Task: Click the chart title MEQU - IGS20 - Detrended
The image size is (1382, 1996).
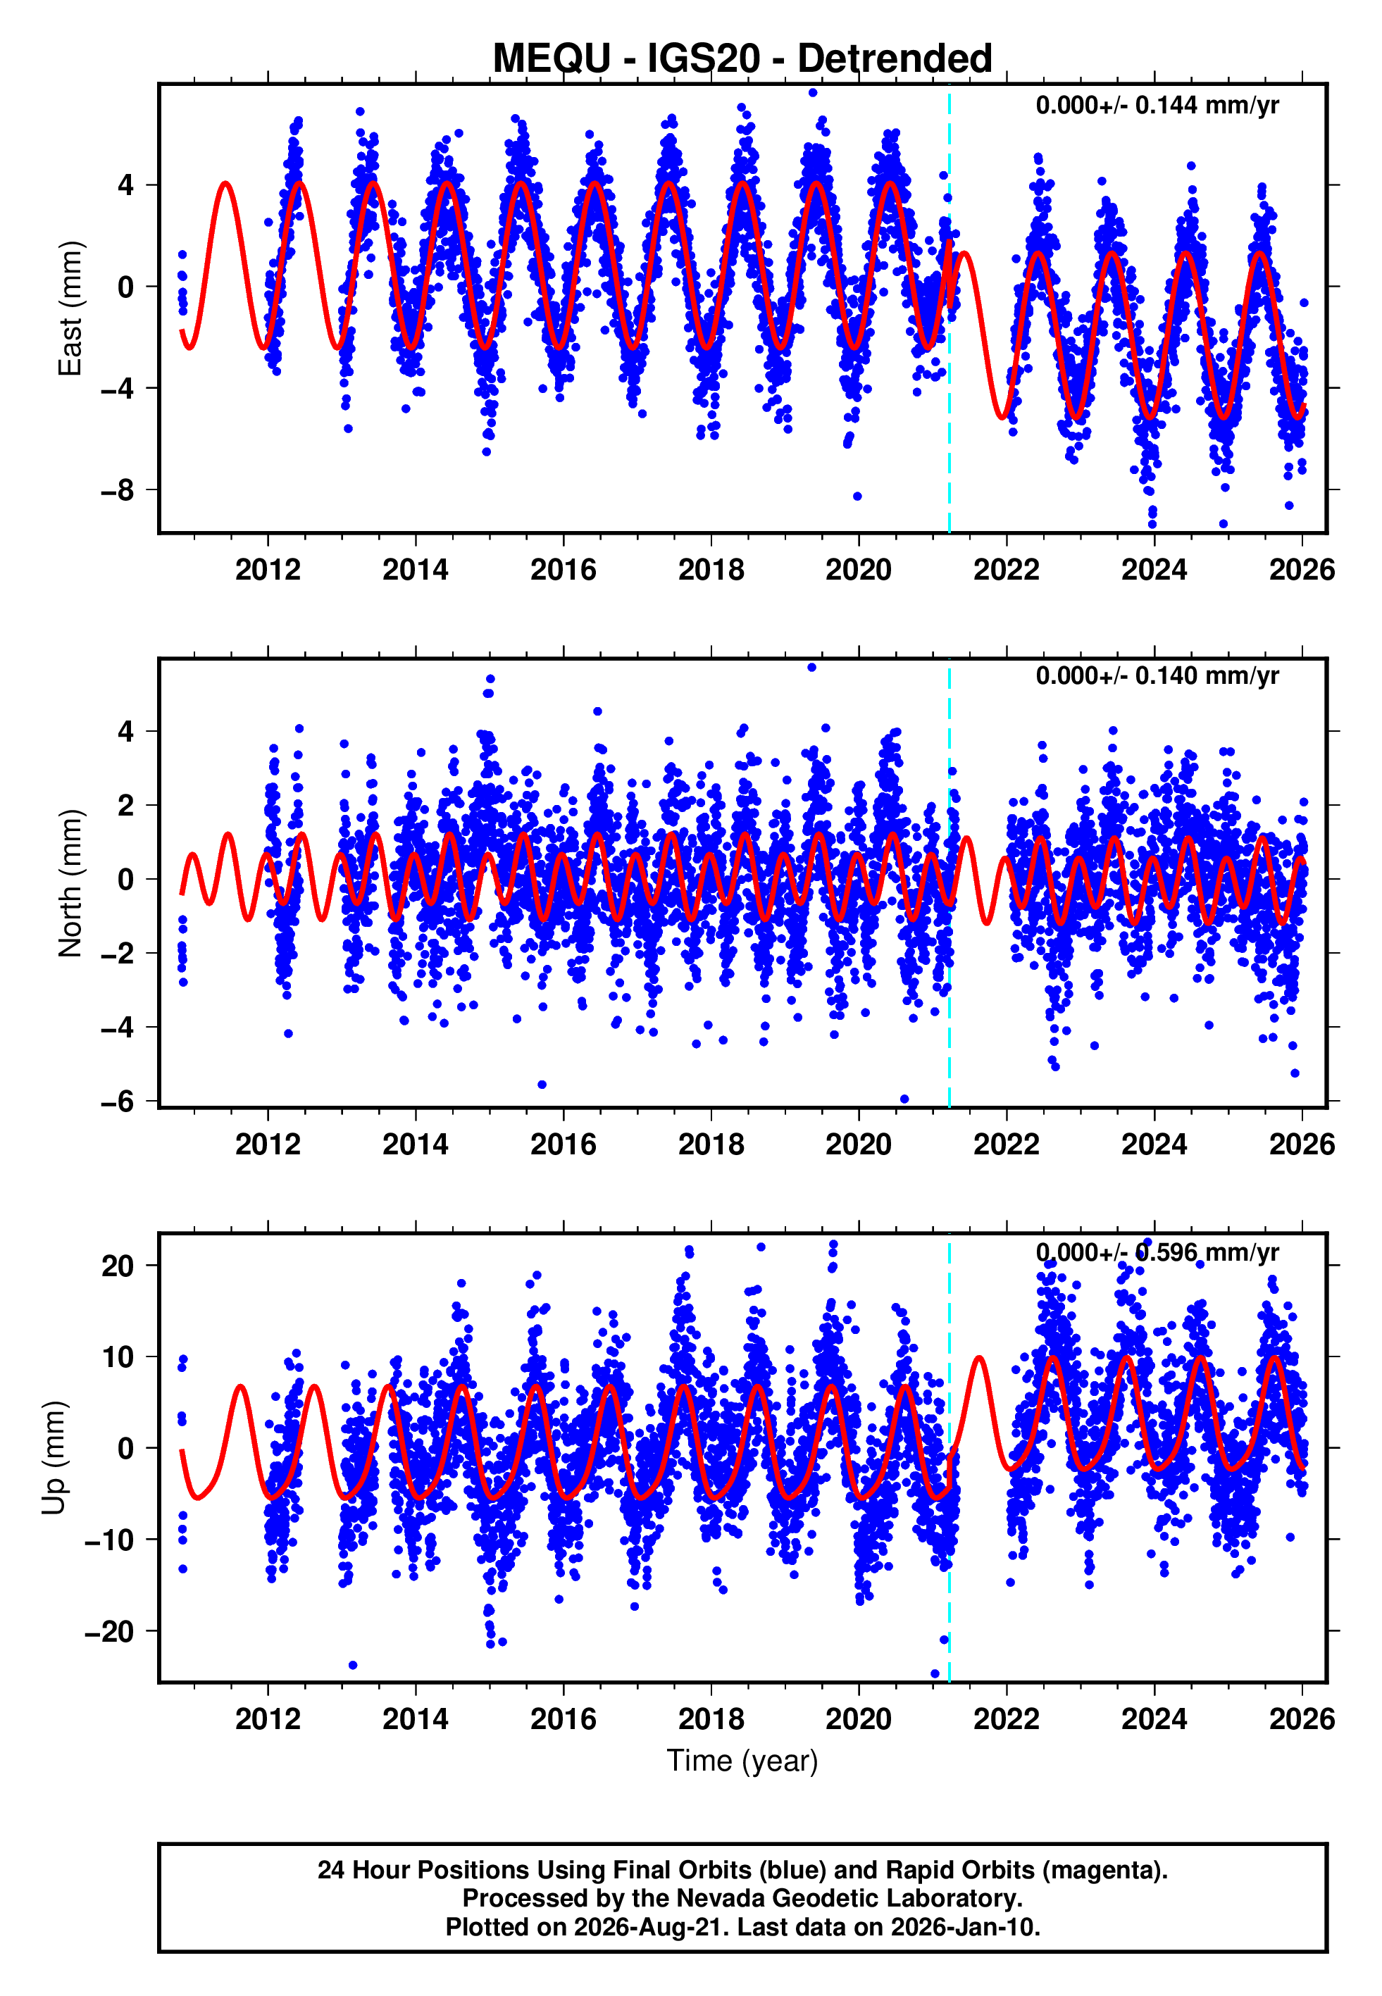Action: pyautogui.click(x=742, y=59)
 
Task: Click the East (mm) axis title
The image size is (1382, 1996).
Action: pyautogui.click(x=70, y=308)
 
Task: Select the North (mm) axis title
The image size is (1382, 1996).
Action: pyautogui.click(x=70, y=883)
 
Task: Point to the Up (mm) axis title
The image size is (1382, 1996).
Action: pyautogui.click(x=54, y=1458)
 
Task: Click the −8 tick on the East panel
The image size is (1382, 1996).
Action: pyautogui.click(x=118, y=490)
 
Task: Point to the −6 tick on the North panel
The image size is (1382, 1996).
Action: pyautogui.click(x=118, y=1101)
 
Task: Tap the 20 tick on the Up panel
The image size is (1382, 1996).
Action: pyautogui.click(x=118, y=1266)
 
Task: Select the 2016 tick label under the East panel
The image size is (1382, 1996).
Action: pyautogui.click(x=564, y=570)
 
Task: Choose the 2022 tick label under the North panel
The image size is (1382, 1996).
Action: pyautogui.click(x=1006, y=1144)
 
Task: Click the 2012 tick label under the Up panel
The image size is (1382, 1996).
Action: pyautogui.click(x=268, y=1719)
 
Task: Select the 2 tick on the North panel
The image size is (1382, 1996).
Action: pyautogui.click(x=126, y=805)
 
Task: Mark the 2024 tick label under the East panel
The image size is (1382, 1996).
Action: pyautogui.click(x=1154, y=570)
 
